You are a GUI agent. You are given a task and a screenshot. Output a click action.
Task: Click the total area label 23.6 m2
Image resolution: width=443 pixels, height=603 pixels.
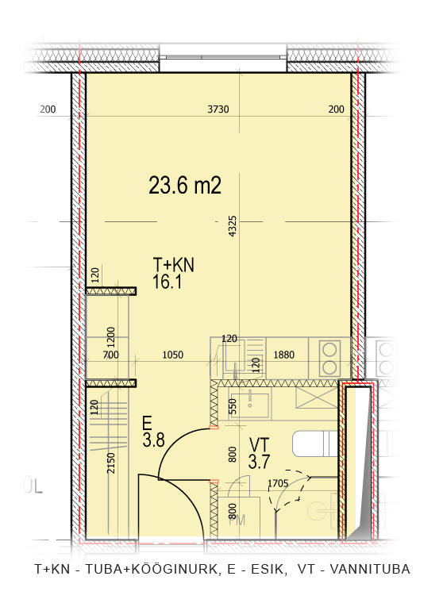185,186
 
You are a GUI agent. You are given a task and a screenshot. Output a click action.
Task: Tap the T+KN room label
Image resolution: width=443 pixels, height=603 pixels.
174,265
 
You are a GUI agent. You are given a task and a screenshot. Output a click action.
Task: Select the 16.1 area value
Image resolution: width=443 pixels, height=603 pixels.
167,282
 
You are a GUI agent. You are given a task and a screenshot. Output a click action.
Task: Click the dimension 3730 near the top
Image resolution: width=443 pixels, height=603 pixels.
218,109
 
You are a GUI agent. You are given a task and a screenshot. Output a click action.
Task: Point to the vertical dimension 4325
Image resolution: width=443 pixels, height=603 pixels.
233,226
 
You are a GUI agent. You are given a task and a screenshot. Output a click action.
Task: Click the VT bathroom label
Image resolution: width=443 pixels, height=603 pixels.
260,445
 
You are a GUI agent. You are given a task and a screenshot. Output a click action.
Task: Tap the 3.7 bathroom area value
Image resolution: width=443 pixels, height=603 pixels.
259,462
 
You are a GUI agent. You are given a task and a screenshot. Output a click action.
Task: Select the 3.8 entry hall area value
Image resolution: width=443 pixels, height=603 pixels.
153,440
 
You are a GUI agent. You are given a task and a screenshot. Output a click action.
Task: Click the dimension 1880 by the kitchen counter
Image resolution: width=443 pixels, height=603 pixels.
283,355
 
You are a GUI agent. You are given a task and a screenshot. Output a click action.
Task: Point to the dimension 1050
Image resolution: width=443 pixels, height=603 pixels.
173,355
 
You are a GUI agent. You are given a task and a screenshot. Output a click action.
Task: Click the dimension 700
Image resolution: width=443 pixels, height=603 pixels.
111,355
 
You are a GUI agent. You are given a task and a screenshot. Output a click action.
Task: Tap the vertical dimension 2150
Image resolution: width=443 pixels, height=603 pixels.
111,463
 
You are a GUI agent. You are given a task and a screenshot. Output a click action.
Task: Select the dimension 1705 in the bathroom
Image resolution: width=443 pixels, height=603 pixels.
278,483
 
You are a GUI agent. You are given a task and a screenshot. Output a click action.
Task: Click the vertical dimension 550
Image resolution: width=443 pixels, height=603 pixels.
233,406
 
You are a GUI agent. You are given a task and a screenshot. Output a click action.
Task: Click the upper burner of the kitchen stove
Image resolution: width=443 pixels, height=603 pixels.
329,350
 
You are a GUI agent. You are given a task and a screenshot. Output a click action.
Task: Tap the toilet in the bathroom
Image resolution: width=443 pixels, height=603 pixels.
315,444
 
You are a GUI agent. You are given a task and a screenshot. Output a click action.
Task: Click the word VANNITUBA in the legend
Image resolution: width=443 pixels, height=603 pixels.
370,569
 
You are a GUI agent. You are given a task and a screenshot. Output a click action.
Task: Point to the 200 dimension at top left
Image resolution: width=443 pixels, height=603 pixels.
48,109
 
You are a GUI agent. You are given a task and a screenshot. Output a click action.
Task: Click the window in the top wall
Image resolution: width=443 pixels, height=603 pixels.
223,58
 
